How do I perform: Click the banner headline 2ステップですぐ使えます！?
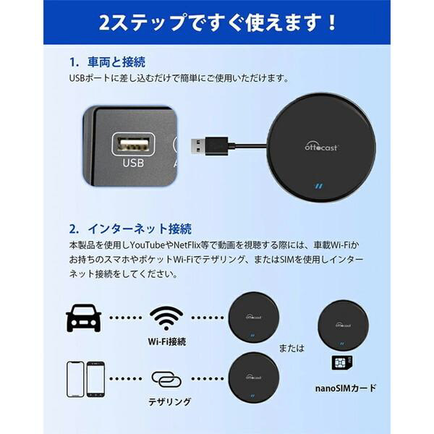pos(218,22)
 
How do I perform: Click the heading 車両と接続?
pos(116,62)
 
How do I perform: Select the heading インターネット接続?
pos(140,229)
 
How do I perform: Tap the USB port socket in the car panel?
pos(133,144)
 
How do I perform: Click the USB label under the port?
pos(133,163)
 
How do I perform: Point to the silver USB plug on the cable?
pos(198,145)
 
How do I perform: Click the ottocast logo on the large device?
pos(321,147)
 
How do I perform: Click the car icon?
pos(84,318)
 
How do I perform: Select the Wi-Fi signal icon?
pos(166,318)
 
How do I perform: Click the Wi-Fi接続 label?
pos(167,342)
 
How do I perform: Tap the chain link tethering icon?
pos(166,379)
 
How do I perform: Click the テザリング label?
pos(170,401)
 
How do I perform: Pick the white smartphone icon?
pos(75,379)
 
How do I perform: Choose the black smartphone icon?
pos(95,379)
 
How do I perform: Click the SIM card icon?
pos(342,363)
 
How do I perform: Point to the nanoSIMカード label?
pos(346,388)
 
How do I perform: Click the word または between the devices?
pos(292,348)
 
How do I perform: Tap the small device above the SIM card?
pos(343,325)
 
